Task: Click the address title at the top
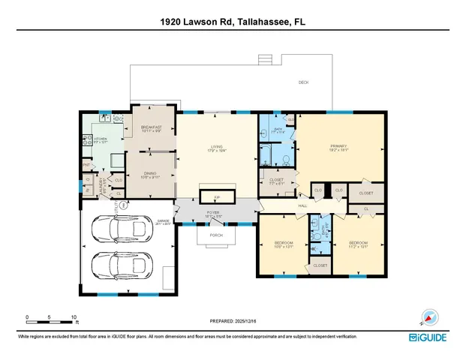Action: pyautogui.click(x=233, y=22)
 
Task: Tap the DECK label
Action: pyautogui.click(x=304, y=82)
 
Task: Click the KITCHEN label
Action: pyautogui.click(x=101, y=139)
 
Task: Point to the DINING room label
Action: pyautogui.click(x=151, y=175)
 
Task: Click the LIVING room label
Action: pyautogui.click(x=217, y=148)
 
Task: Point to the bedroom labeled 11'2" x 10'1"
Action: pyautogui.click(x=358, y=245)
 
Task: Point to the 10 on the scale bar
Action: pyautogui.click(x=74, y=316)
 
